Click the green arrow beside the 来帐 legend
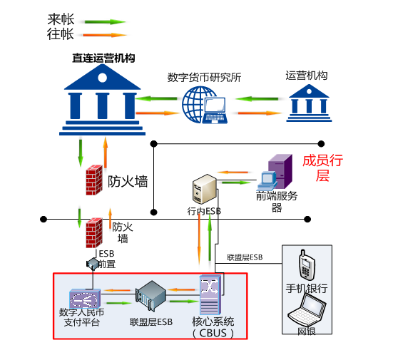coord(105,22)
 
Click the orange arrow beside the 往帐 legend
coord(105,35)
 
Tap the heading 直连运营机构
coord(103,58)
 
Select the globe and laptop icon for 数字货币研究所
coord(205,105)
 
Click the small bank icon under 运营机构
coord(309,103)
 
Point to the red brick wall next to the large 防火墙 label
coord(94,180)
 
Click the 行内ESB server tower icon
coord(204,189)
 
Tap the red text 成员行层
coord(322,168)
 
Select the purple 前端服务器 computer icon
coord(275,173)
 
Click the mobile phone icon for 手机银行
coord(306,264)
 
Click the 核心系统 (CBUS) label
coord(213,327)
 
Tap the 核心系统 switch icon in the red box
coord(210,295)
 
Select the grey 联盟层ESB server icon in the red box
coord(150,296)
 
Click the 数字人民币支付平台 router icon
coord(85,299)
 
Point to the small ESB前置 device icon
coord(92,264)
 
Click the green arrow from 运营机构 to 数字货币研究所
coord(257,99)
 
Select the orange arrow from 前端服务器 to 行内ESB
coord(233,173)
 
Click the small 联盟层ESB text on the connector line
coord(245,257)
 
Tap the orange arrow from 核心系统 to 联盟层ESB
coord(181,290)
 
